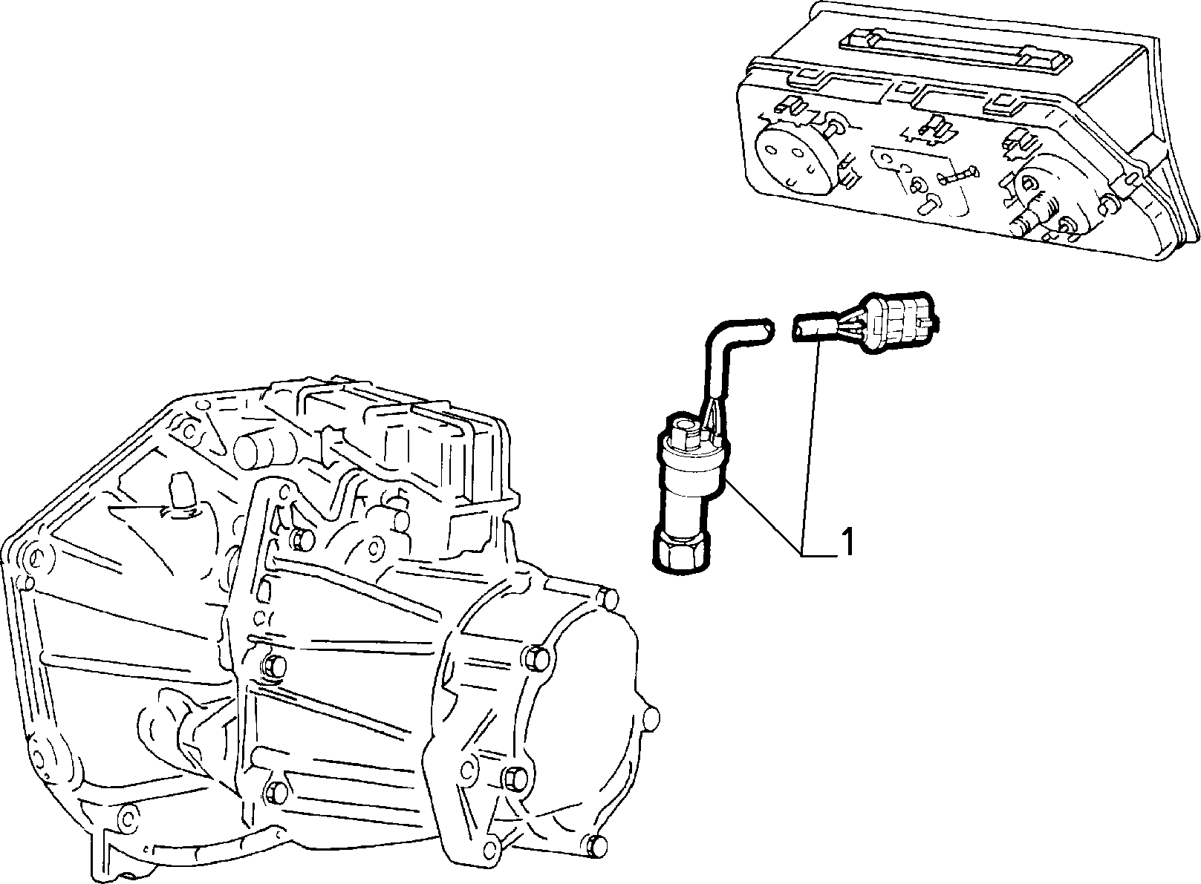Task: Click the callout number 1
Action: tap(847, 542)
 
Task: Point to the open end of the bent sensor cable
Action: tap(768, 328)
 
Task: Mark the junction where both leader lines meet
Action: tap(802, 555)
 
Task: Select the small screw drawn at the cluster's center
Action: tap(957, 174)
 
